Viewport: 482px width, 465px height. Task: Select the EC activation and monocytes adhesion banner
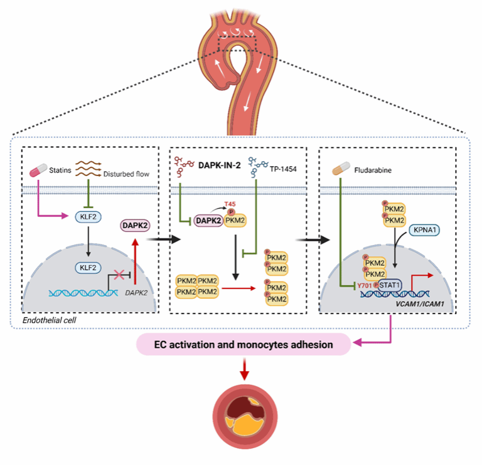tap(244, 344)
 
